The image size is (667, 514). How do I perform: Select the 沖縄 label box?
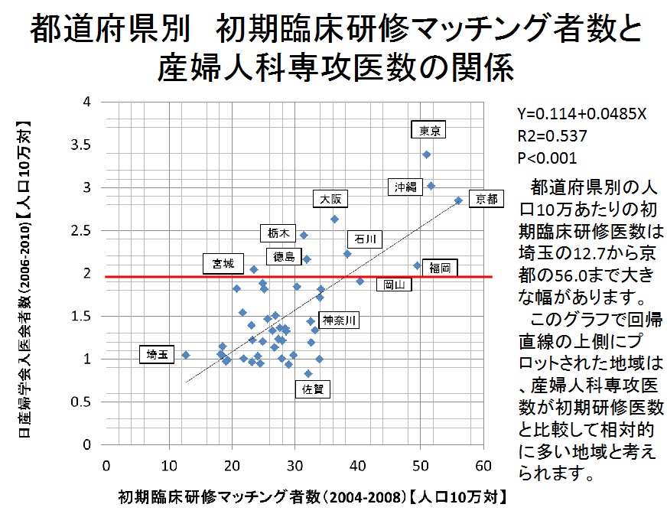coord(406,187)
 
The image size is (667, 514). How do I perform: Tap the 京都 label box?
coord(486,199)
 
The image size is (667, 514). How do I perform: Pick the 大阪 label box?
coord(331,199)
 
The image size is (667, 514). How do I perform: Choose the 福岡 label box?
coord(439,267)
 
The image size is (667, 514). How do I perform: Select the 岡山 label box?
coord(394,284)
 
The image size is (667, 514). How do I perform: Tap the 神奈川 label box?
coord(337,320)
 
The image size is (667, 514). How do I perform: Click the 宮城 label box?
coord(223,264)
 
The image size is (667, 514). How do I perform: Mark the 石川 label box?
coord(363,239)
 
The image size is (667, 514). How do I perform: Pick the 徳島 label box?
coord(283,256)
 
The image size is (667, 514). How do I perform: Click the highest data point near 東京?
coord(427,155)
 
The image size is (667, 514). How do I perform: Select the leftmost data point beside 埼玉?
coord(186,355)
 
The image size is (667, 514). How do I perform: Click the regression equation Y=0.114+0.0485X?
coord(582,114)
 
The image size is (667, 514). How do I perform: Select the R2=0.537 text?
coord(551,136)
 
